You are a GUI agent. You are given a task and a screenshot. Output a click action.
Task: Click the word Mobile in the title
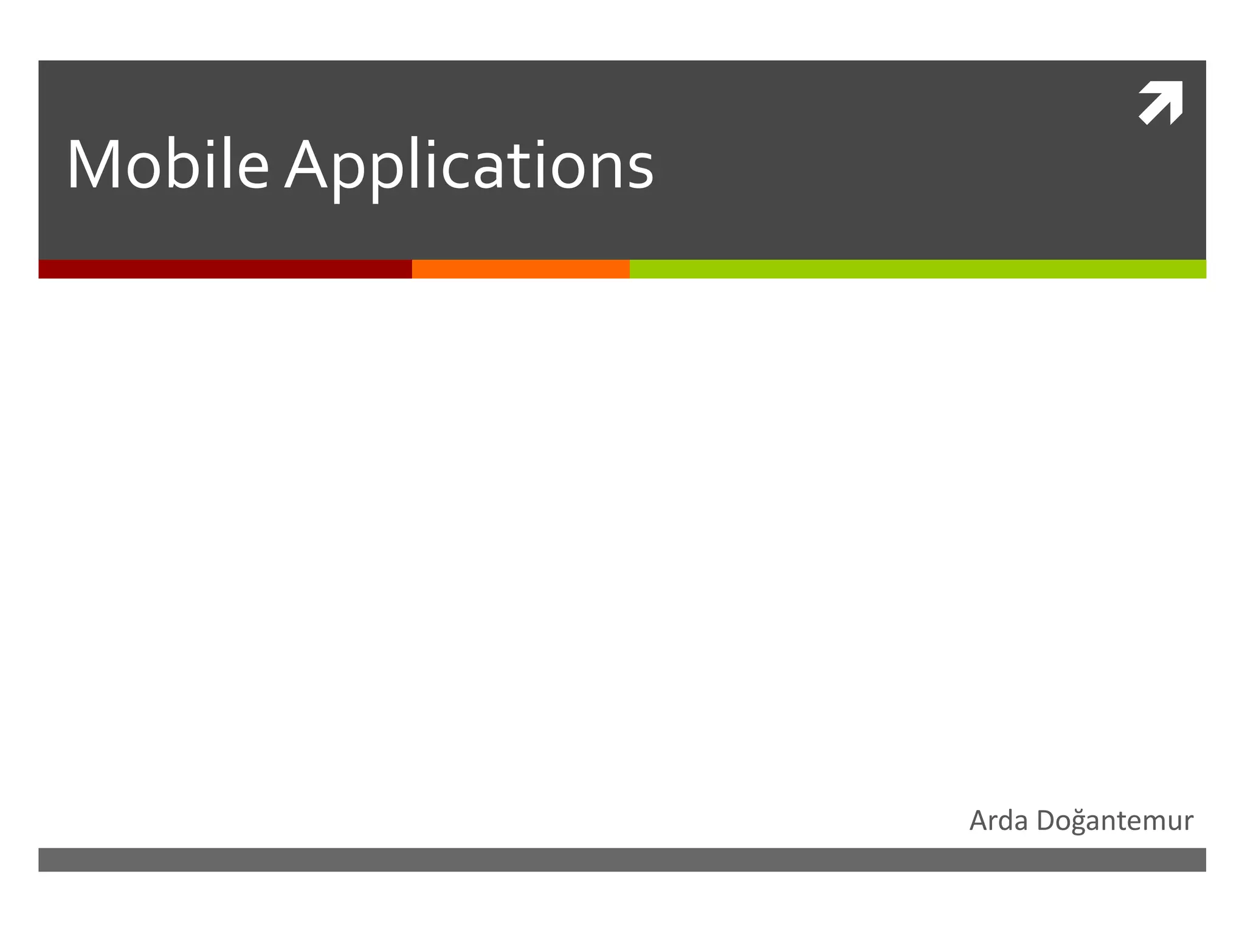[167, 165]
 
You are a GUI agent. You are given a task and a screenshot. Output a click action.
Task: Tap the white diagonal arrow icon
[1161, 103]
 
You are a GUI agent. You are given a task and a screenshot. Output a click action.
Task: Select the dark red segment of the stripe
[225, 269]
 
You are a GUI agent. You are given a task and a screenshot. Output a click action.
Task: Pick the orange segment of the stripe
[520, 269]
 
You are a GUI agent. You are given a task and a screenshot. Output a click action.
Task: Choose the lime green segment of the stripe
[917, 269]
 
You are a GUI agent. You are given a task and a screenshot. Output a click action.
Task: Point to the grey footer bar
[622, 859]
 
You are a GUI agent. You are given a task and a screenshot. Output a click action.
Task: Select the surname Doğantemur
[1115, 821]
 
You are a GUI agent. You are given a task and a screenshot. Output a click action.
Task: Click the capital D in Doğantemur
[1047, 821]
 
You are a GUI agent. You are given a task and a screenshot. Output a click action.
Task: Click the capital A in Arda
[981, 821]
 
